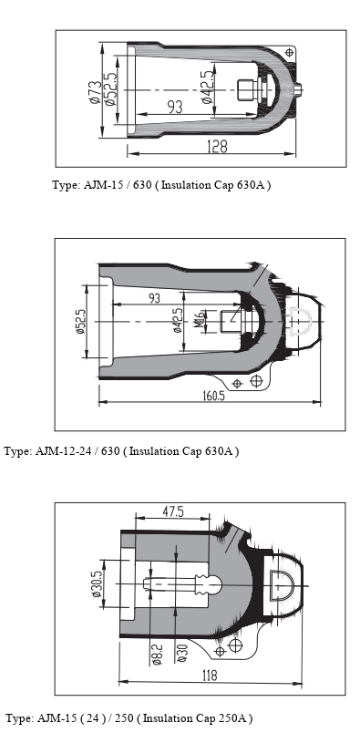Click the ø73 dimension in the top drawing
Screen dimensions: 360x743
pos(94,91)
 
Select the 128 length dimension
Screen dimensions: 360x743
pos(217,147)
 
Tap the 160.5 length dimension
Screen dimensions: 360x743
pos(214,395)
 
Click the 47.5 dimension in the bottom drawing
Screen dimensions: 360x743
pos(172,511)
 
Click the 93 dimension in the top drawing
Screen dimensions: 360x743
pos(175,107)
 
